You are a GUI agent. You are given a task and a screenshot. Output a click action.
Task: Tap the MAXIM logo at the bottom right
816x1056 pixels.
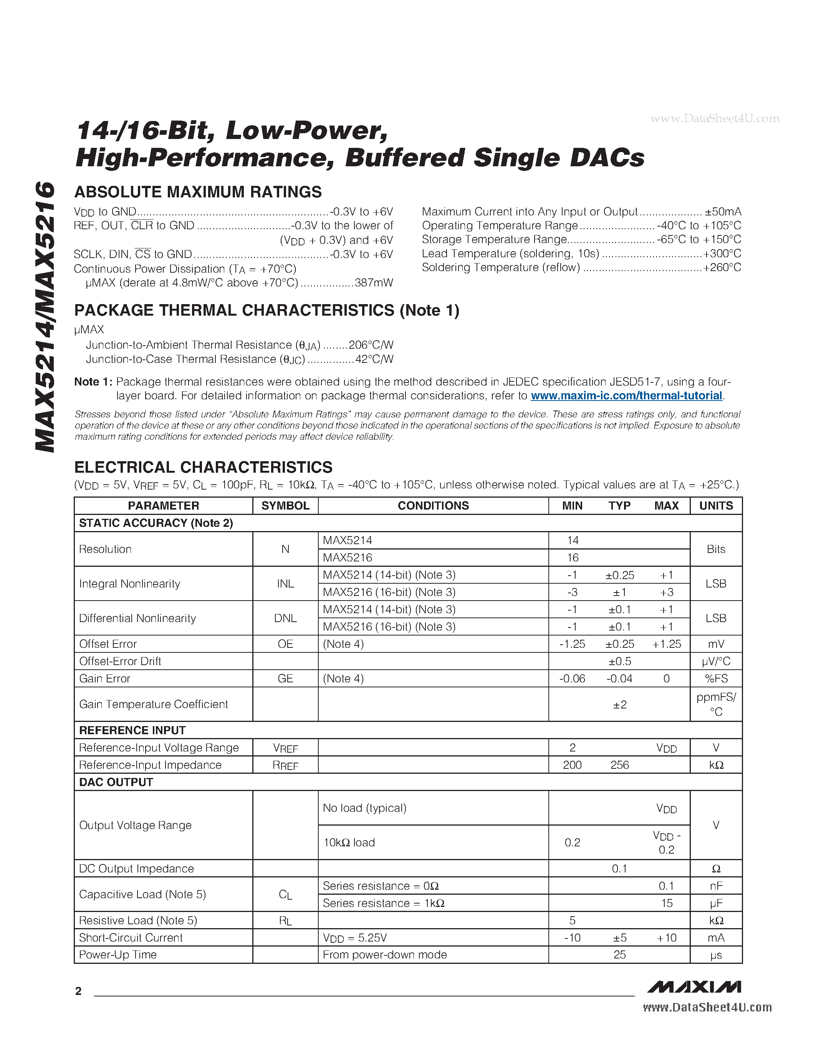click(x=694, y=986)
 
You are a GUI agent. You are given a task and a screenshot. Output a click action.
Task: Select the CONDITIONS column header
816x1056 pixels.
click(x=433, y=506)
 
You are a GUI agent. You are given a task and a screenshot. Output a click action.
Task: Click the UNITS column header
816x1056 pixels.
click(x=716, y=506)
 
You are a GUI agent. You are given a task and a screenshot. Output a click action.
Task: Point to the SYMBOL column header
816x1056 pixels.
click(x=285, y=506)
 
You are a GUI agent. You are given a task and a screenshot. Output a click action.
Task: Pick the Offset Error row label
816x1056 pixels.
click(x=108, y=644)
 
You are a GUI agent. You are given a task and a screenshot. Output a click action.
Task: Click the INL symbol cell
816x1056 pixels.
click(x=285, y=584)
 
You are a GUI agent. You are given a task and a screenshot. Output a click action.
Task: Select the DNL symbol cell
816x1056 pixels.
click(x=285, y=618)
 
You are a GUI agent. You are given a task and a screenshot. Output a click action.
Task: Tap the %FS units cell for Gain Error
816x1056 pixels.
click(x=716, y=679)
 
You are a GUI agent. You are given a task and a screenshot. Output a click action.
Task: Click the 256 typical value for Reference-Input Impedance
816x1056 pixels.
click(x=619, y=765)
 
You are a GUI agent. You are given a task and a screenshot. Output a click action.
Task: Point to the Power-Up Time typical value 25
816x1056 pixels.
click(x=619, y=955)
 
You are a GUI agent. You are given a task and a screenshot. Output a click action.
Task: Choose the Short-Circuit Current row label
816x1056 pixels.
click(x=131, y=938)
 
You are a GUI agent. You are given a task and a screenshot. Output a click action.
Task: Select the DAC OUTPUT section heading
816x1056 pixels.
click(x=116, y=782)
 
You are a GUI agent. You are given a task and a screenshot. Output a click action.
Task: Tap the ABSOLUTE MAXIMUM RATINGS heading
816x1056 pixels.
click(x=198, y=192)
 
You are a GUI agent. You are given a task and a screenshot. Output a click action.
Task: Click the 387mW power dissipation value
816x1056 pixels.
click(x=374, y=283)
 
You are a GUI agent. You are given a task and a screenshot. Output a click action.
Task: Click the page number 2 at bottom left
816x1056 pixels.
click(x=78, y=991)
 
